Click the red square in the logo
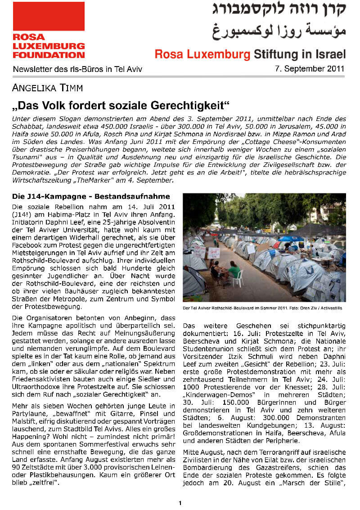pyautogui.click(x=49, y=16)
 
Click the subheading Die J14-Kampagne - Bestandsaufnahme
pyautogui.click(x=91, y=197)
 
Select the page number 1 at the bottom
pyautogui.click(x=180, y=503)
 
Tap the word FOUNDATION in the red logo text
pyautogui.click(x=49, y=54)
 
